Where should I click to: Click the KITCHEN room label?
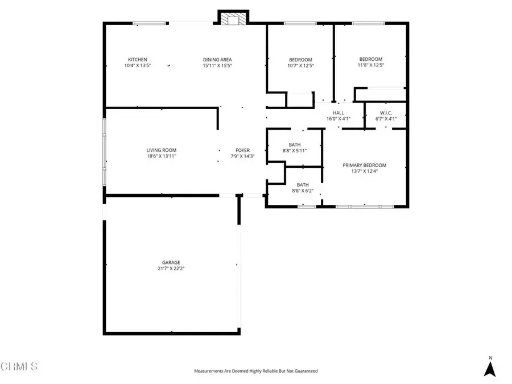[x=137, y=60]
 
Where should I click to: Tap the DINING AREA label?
[x=217, y=60]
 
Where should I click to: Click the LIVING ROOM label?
[x=161, y=150]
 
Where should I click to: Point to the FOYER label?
[x=243, y=150]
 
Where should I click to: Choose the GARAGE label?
[x=171, y=262]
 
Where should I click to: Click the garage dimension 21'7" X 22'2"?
[x=171, y=269]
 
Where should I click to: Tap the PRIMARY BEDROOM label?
[x=365, y=166]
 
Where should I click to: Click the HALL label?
[x=338, y=113]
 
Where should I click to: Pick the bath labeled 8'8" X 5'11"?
[x=295, y=148]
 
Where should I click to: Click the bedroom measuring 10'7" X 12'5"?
[x=300, y=63]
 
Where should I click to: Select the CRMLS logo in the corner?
[x=19, y=366]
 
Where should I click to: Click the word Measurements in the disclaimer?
[x=209, y=371]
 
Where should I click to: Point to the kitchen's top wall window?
[x=150, y=23]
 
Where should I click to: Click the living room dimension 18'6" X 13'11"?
[x=161, y=156]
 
